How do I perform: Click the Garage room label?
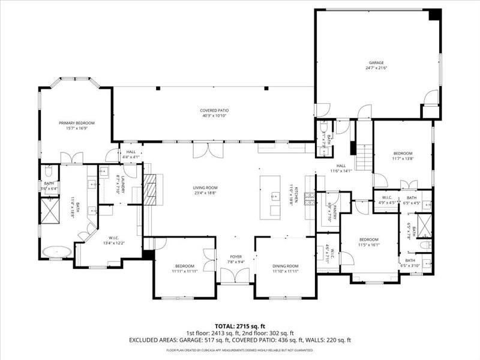pyautogui.click(x=376, y=62)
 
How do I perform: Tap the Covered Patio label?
pyautogui.click(x=214, y=110)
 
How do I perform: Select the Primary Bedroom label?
pyautogui.click(x=77, y=123)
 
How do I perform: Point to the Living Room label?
pyautogui.click(x=205, y=188)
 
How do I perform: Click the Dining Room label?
pyautogui.click(x=285, y=266)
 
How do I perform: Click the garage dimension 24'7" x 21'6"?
pyautogui.click(x=376, y=68)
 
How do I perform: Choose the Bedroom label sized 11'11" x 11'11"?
pyautogui.click(x=185, y=266)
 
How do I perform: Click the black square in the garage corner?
pyautogui.click(x=435, y=14)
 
